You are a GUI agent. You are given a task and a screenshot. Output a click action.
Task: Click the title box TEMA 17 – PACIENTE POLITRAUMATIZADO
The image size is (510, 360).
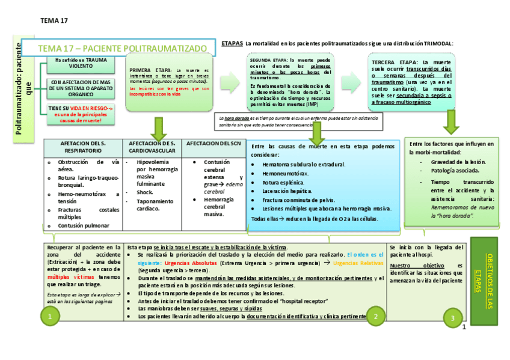[x=118, y=48]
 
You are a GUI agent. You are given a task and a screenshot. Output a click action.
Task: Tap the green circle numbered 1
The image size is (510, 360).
[x=51, y=316]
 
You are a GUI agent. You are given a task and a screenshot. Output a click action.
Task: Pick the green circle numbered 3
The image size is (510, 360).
[x=452, y=318]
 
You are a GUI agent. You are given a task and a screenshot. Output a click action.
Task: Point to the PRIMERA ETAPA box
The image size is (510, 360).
[x=170, y=82]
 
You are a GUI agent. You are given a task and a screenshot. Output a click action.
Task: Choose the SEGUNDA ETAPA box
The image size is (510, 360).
[x=290, y=82]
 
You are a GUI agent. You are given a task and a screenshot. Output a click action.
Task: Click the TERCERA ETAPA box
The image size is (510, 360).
[x=411, y=82]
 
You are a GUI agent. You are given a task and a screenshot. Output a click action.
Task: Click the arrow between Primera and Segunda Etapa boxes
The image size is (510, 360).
[x=230, y=82]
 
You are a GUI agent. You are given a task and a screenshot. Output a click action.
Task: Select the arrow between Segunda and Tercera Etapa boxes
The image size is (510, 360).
[x=351, y=82]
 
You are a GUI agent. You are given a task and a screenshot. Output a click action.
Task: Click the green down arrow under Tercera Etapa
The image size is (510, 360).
[x=451, y=122]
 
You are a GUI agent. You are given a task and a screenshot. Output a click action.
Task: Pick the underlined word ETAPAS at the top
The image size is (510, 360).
[x=232, y=43]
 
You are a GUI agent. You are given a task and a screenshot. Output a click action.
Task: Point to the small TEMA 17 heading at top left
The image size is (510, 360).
[x=54, y=20]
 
